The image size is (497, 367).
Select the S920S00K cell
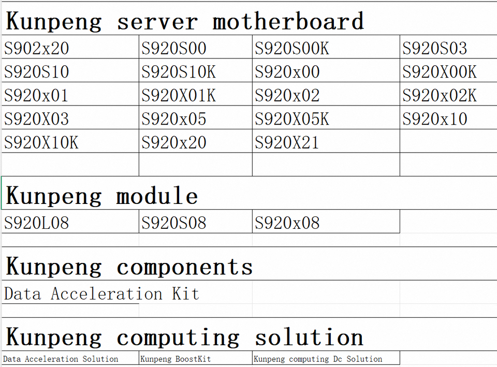[291, 49]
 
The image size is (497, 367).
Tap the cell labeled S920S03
[435, 49]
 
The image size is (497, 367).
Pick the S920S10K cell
[179, 72]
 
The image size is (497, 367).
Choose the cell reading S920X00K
[439, 72]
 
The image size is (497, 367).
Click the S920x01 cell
[36, 96]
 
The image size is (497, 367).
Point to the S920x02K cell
[440, 96]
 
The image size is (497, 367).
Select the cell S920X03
[36, 119]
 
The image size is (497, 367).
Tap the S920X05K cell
[291, 119]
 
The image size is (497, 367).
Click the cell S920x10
[435, 119]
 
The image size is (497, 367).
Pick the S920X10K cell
[41, 142]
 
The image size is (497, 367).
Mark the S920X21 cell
[287, 142]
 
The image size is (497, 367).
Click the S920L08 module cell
[36, 223]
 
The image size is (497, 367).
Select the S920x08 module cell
[287, 223]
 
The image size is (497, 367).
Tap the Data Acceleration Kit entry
[101, 294]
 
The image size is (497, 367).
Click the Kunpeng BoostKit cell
[176, 359]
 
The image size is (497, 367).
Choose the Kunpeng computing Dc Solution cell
[318, 359]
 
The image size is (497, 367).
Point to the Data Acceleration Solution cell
[61, 359]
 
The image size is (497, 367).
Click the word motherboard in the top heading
[288, 22]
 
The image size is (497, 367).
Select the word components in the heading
[184, 267]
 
